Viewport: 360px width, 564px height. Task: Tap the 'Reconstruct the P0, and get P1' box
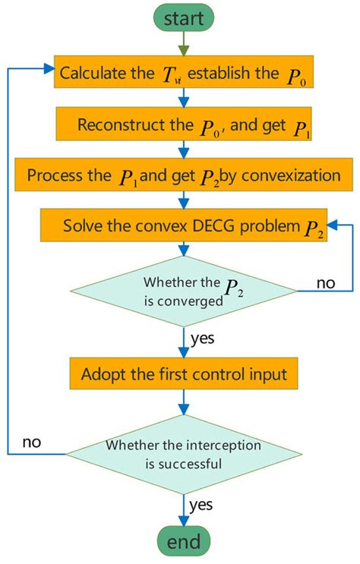click(183, 124)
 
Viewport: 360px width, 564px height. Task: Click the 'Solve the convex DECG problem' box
click(183, 226)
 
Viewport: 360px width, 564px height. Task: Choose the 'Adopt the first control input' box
click(183, 373)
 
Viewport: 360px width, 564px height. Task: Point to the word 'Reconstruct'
click(114, 124)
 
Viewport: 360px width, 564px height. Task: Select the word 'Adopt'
click(103, 373)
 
